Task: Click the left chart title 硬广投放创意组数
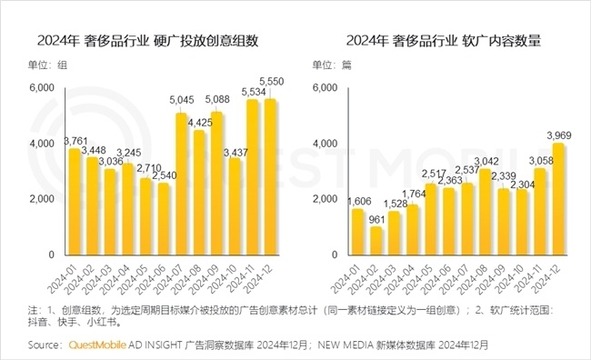click(147, 40)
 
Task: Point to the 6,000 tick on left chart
click(42, 88)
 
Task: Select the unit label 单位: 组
click(47, 65)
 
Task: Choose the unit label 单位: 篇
click(335, 65)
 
